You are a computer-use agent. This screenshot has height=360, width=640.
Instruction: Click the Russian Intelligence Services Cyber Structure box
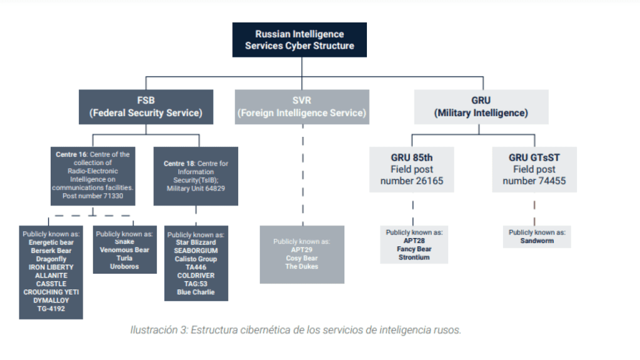[x=299, y=40]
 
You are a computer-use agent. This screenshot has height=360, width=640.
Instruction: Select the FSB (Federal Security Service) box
[x=146, y=107]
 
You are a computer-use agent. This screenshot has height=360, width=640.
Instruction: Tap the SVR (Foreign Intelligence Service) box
[x=302, y=107]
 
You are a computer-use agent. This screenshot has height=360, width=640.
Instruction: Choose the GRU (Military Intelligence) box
[x=481, y=107]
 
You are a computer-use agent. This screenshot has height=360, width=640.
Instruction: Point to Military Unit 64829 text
[x=196, y=188]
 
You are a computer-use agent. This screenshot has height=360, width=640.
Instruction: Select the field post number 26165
[x=413, y=181]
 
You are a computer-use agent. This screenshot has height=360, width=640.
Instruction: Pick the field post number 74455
[x=534, y=181]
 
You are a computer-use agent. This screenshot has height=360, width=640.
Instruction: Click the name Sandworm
[x=537, y=241]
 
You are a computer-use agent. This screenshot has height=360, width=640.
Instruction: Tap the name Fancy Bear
[x=414, y=249]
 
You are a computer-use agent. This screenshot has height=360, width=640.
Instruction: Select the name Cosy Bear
[x=302, y=258]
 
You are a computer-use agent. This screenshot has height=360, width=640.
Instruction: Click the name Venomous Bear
[x=124, y=250]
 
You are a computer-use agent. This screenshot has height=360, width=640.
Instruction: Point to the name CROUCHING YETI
[x=51, y=292]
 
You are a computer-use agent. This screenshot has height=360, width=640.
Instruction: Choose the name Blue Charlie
[x=196, y=292]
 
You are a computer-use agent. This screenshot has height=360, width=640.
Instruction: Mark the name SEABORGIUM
[x=196, y=250]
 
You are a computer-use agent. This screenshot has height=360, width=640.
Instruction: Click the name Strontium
[x=414, y=257]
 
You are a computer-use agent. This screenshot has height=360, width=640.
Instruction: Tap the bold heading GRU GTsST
[x=534, y=158]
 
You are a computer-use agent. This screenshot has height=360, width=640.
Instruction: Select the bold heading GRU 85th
[x=413, y=158]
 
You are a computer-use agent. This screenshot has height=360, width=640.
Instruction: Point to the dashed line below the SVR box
[x=302, y=175]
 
